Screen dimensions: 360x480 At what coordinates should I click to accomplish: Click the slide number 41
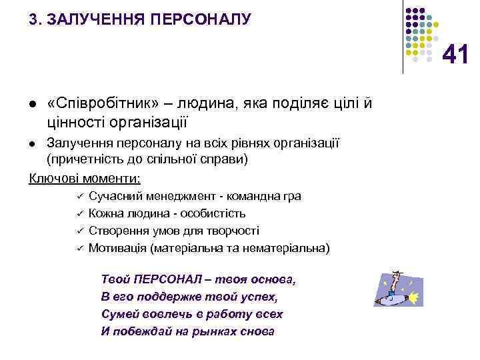pyautogui.click(x=455, y=55)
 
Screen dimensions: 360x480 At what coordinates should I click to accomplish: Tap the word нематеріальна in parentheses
pyautogui.click(x=289, y=248)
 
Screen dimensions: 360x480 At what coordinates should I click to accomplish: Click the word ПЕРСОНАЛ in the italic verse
pyautogui.click(x=161, y=279)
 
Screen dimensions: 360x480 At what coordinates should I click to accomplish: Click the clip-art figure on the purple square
pyautogui.click(x=399, y=289)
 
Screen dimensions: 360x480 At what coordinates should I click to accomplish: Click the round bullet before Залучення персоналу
pyautogui.click(x=32, y=144)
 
